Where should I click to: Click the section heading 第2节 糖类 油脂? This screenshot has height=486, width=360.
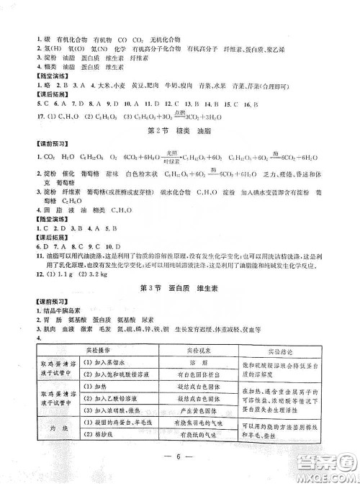(179, 130)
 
